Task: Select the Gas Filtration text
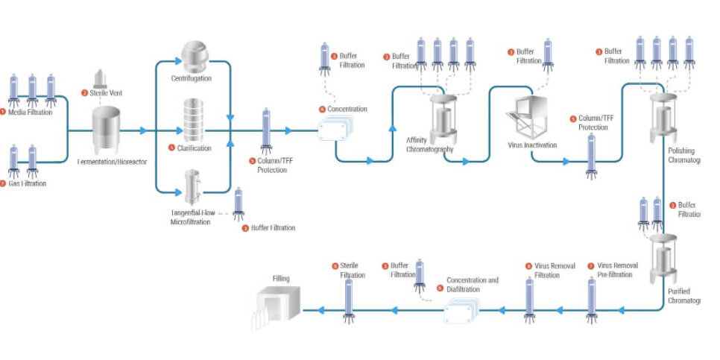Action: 28,183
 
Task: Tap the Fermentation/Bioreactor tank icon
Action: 107,129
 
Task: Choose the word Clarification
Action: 195,148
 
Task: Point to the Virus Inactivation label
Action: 531,145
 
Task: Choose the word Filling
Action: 280,279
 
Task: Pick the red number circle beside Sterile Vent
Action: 84,93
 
